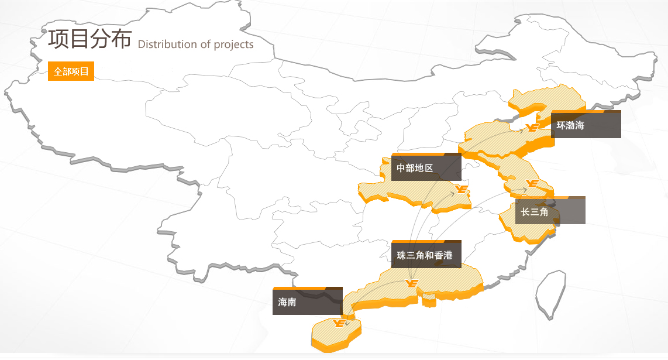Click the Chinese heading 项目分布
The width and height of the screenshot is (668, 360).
[89, 39]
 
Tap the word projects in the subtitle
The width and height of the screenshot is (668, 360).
[233, 44]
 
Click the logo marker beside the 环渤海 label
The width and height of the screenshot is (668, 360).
[532, 128]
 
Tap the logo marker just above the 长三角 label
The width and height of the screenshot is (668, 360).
[532, 184]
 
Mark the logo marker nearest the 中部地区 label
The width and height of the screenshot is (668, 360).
[462, 189]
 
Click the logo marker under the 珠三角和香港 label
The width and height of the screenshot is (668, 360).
[412, 284]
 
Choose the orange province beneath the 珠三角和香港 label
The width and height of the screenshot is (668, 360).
[445, 281]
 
